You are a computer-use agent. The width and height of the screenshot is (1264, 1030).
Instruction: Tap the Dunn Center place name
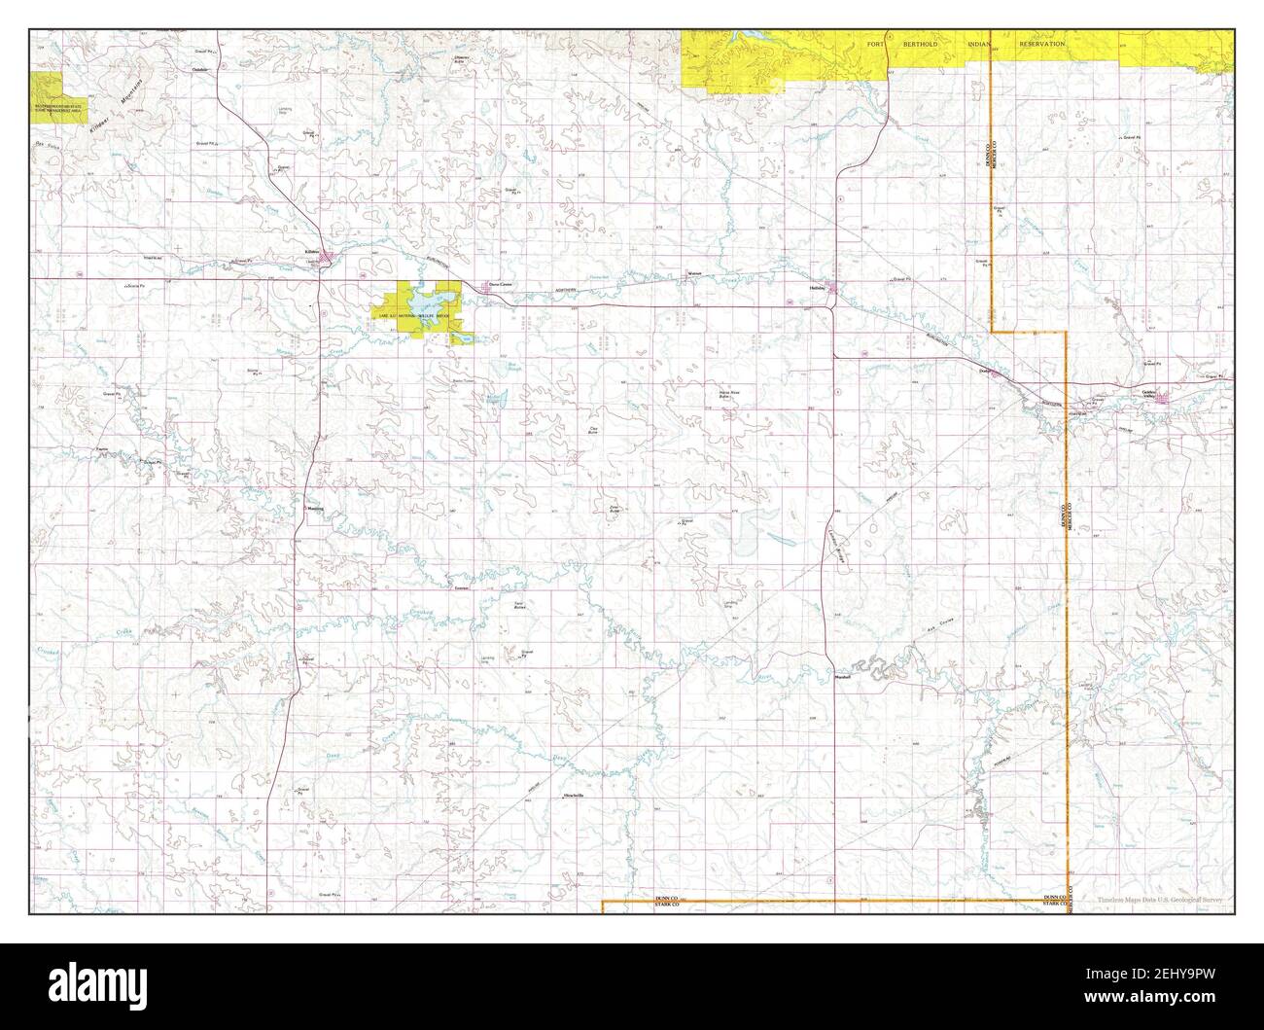click(x=499, y=285)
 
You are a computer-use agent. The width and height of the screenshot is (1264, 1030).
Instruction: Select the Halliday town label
click(x=818, y=288)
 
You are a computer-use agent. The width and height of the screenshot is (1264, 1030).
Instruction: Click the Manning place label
click(x=314, y=509)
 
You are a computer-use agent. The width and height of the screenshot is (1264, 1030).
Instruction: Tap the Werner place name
click(x=694, y=274)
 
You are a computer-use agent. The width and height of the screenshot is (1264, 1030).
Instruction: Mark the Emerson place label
click(x=461, y=588)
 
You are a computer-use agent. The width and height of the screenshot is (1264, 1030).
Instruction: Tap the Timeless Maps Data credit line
click(x=1160, y=900)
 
